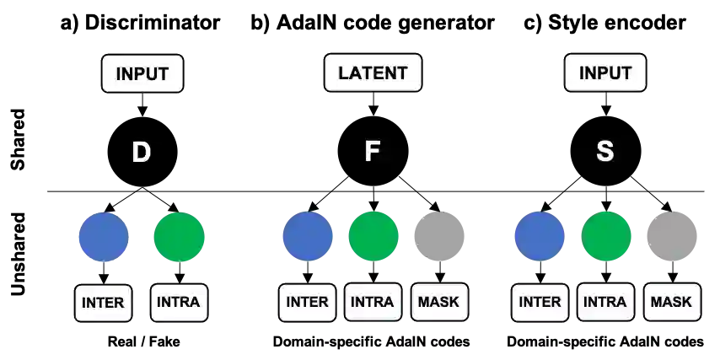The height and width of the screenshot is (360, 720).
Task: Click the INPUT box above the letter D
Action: pos(142,73)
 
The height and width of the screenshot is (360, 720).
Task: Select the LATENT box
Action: pos(373,73)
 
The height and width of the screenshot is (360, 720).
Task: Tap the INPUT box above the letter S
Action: pos(604,73)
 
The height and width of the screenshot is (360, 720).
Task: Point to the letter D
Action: pos(142,153)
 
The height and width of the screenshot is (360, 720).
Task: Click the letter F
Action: pos(372,153)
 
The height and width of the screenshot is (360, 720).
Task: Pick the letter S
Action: pos(604,153)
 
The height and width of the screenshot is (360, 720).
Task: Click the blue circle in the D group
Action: pos(103,236)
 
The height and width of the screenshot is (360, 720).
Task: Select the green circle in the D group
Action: pos(180,236)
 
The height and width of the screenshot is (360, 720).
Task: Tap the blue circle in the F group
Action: pos(307,236)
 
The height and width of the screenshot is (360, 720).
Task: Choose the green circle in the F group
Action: pos(373,236)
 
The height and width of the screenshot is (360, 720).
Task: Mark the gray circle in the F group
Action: pos(439,236)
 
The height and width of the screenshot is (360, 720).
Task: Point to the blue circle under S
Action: pos(540,236)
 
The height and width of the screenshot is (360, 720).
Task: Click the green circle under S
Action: pos(605,236)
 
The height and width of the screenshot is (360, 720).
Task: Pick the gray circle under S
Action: pos(671,236)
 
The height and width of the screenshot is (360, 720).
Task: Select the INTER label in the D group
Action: pos(104,303)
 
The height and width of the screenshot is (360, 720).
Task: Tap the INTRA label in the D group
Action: pos(179,303)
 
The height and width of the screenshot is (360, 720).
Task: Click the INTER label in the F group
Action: pos(308,302)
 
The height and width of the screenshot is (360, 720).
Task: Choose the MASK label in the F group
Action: pos(439,302)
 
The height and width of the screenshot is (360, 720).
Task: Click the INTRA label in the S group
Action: pos(605,302)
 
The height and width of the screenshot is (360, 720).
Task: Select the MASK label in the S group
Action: pos(671,302)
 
